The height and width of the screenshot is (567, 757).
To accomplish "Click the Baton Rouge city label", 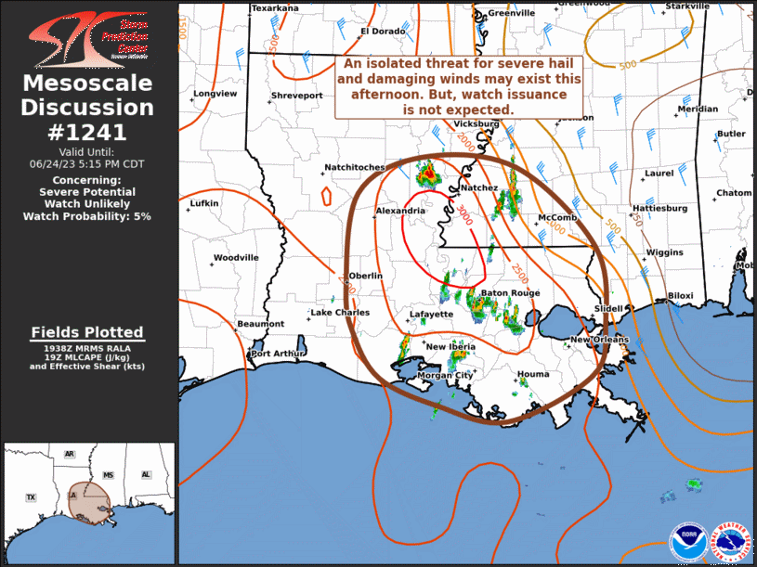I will [510, 293].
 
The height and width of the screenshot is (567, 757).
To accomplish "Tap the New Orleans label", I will [599, 340].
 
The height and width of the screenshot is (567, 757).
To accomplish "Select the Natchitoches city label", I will [354, 168].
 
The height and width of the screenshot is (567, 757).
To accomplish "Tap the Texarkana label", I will [275, 8].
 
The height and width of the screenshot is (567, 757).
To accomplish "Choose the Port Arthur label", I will [278, 354].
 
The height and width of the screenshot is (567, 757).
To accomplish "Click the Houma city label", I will [533, 374].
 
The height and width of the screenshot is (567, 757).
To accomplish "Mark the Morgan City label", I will [446, 376].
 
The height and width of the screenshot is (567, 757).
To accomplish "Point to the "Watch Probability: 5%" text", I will [87, 216].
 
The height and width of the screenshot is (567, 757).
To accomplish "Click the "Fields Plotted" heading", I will [87, 332].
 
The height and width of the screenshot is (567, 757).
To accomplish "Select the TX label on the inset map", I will [31, 498].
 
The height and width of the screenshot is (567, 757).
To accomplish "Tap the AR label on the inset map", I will [70, 454].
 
